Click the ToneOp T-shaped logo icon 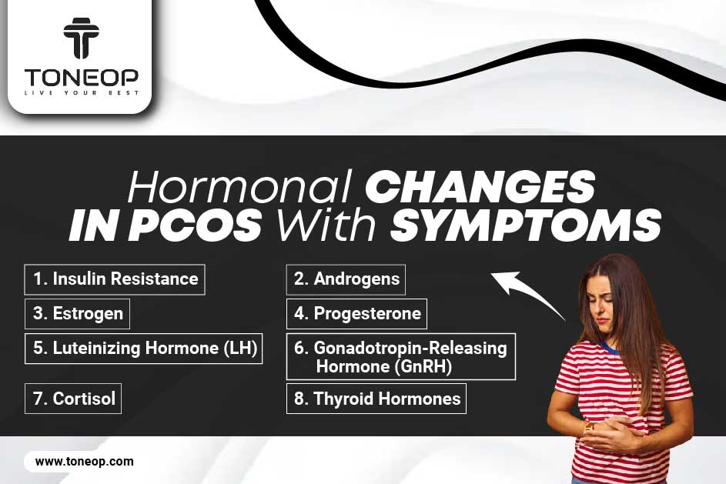click(81, 38)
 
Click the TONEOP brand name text click(82, 77)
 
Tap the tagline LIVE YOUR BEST click(82, 93)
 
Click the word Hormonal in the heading click(240, 187)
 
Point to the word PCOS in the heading click(195, 225)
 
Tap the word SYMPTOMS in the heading click(526, 225)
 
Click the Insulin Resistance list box click(115, 279)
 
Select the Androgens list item click(346, 279)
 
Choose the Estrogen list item click(77, 314)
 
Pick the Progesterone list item click(356, 314)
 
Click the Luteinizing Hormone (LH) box click(143, 349)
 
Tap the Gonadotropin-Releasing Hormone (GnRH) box click(401, 357)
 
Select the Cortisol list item click(72, 399)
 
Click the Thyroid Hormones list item click(376, 399)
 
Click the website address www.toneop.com click(84, 462)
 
